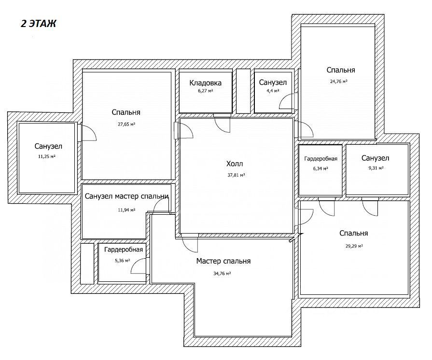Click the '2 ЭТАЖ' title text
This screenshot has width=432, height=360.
click(38, 24)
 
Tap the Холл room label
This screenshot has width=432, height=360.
click(235, 164)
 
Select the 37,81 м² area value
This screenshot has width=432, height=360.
click(236, 175)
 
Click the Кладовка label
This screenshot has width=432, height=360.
click(205, 83)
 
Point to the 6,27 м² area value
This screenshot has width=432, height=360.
click(205, 91)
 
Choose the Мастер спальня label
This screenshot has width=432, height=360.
click(223, 261)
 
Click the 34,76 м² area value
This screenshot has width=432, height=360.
click(222, 274)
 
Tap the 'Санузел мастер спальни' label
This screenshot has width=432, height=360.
click(126, 196)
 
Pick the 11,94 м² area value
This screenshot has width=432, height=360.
click(126, 210)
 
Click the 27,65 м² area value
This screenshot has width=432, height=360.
click(126, 124)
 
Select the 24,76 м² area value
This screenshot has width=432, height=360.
click(339, 82)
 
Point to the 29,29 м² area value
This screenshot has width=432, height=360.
click(354, 246)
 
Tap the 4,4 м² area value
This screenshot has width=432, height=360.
click(273, 91)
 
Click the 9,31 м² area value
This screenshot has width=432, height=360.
click(376, 168)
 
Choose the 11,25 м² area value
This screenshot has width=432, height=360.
click(46, 156)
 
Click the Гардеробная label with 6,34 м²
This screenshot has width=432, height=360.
click(321, 159)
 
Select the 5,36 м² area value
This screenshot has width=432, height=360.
click(122, 260)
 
